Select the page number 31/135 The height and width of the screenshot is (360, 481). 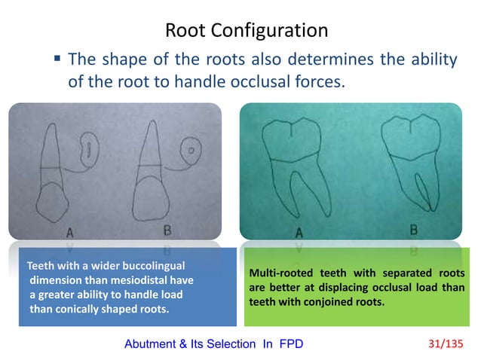pos(450,344)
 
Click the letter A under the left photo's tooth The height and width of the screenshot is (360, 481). pos(70,233)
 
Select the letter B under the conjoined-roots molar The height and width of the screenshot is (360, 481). pos(413,230)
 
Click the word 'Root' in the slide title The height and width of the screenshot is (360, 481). pos(184,31)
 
